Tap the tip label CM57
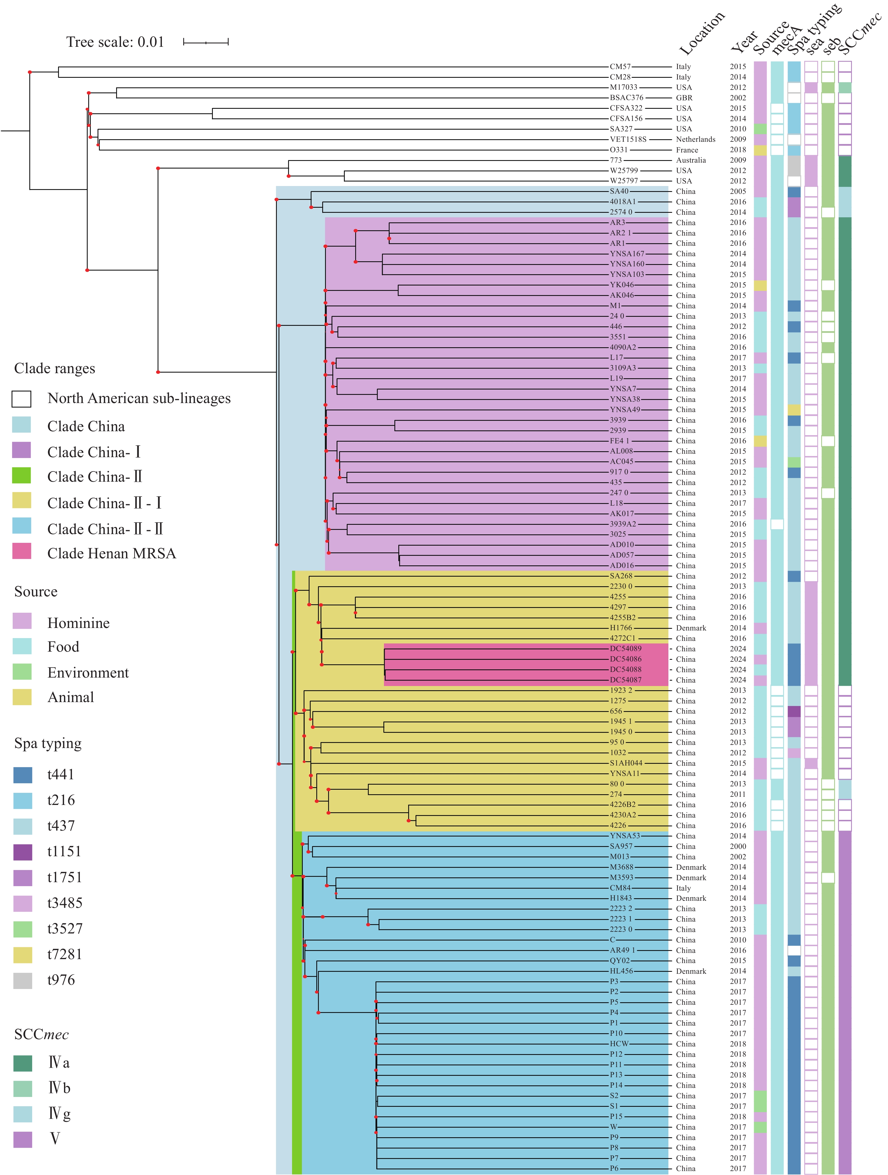(x=620, y=67)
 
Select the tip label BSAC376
(x=627, y=98)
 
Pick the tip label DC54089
(x=626, y=649)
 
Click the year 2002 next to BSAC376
(x=738, y=98)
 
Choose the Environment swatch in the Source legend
(x=22, y=671)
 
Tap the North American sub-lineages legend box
(x=21, y=399)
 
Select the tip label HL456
(x=621, y=971)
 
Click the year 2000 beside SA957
(x=738, y=846)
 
